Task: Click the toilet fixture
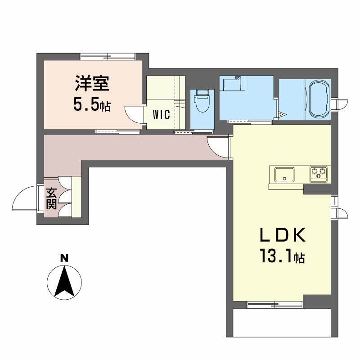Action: (202, 100)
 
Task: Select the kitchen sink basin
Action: (284, 175)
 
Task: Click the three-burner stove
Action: (318, 174)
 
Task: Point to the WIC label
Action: (162, 115)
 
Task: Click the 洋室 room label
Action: (92, 83)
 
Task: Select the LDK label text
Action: (283, 235)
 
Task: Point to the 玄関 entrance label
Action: (51, 198)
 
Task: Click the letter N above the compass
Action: (64, 258)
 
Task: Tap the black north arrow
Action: (64, 281)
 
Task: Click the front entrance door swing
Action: (25, 198)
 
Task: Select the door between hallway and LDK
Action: (219, 147)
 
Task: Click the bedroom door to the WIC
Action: (134, 115)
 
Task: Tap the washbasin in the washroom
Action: (232, 83)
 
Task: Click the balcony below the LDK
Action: (282, 323)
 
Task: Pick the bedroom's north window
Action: (108, 57)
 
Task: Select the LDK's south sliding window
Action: (274, 305)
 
